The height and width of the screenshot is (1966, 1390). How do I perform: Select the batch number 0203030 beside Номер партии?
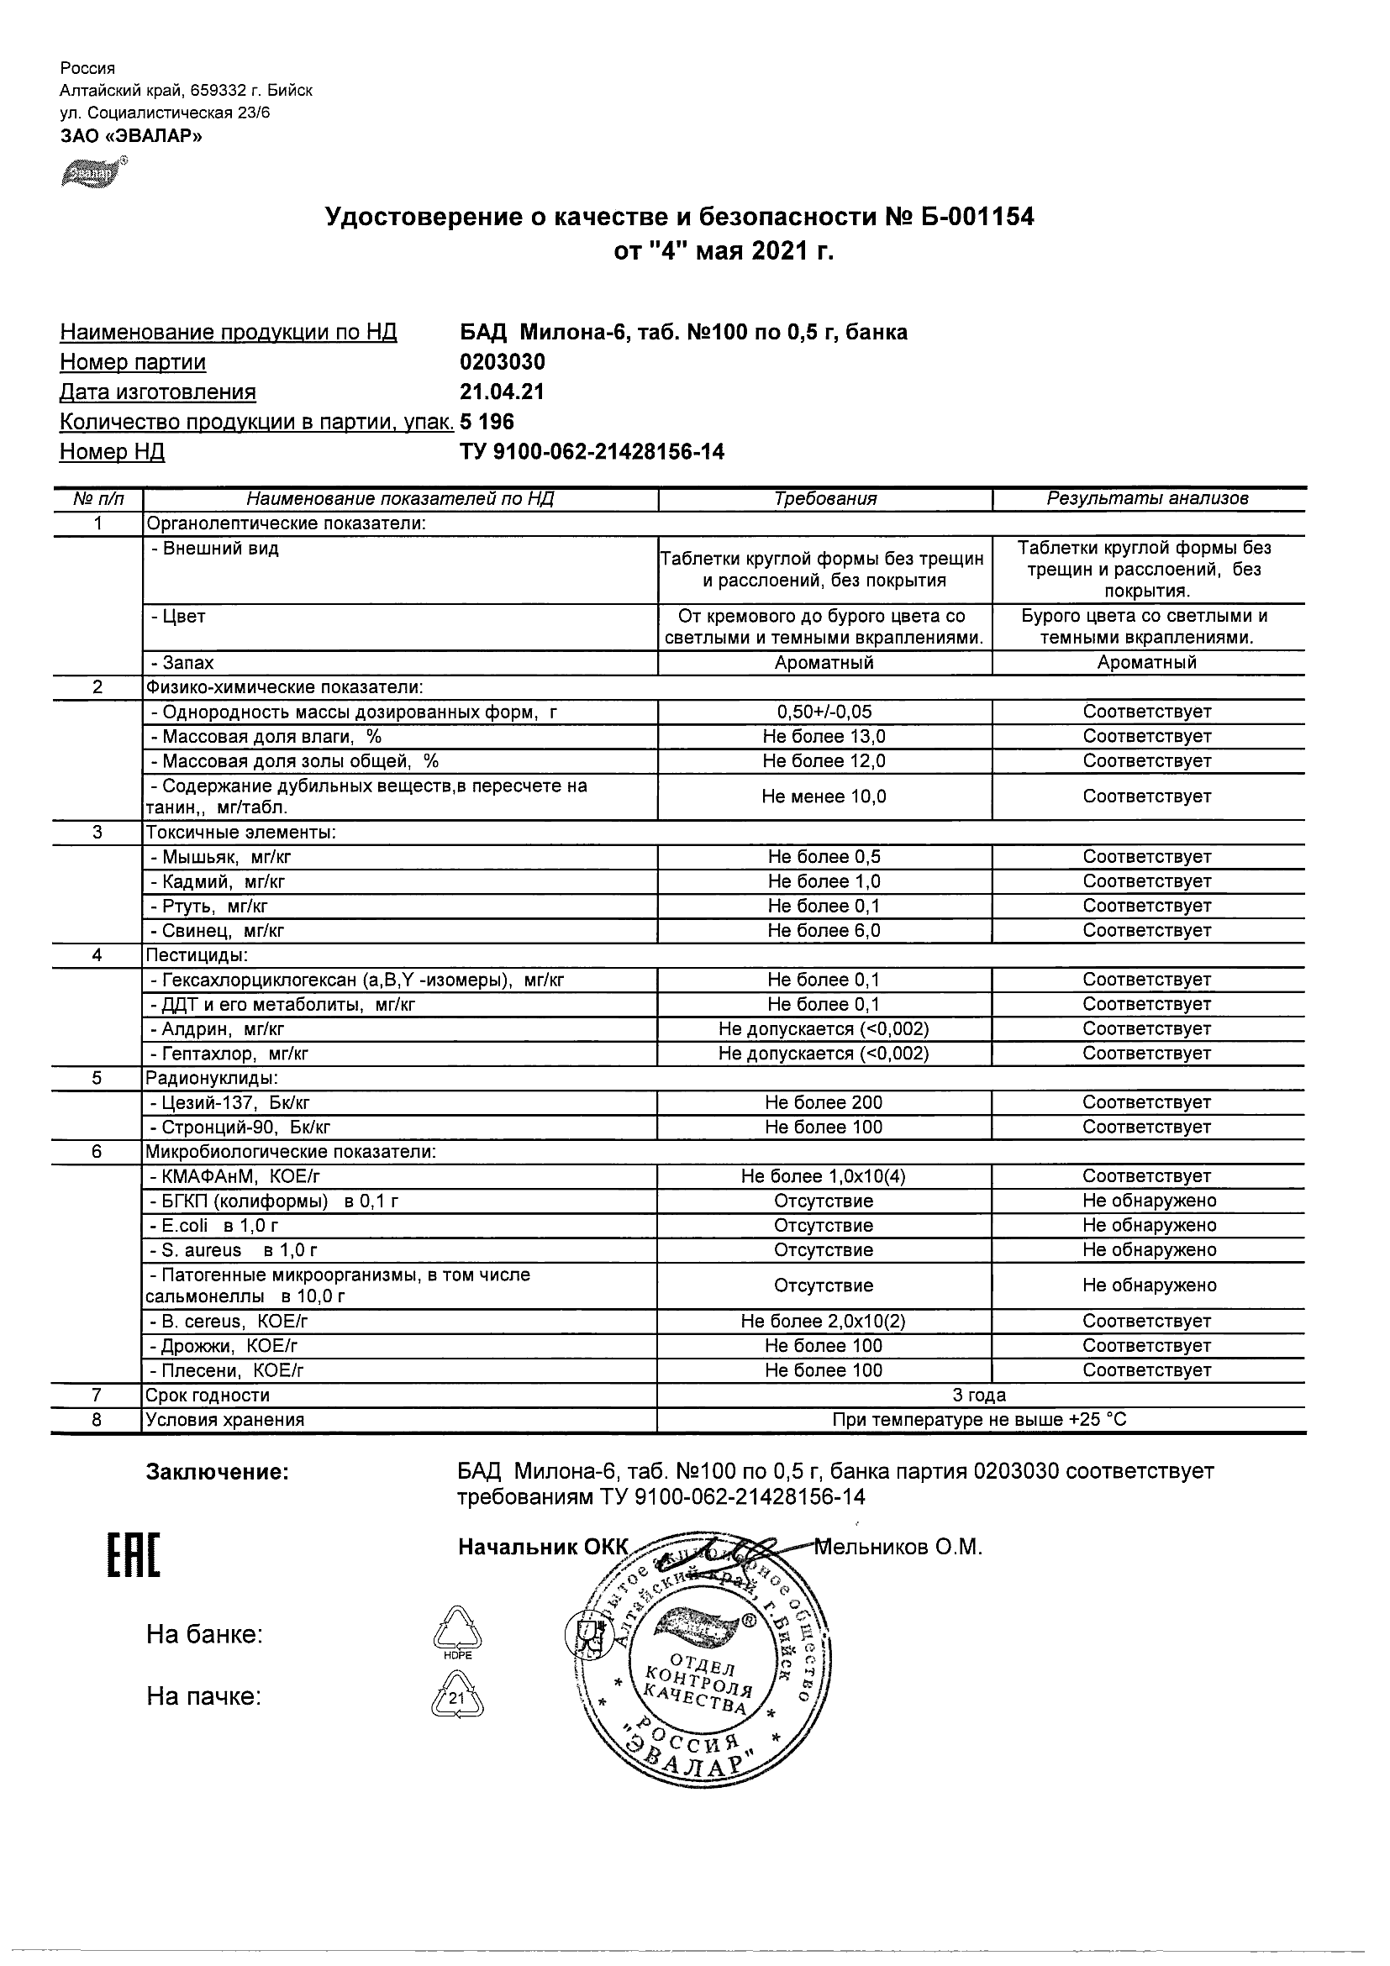[x=503, y=362]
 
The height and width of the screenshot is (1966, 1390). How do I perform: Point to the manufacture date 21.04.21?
[x=502, y=392]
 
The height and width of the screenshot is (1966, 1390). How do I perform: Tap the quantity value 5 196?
[x=487, y=422]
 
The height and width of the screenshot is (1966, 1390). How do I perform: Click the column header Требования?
[x=824, y=499]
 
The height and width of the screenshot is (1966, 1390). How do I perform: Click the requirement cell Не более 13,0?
[x=824, y=736]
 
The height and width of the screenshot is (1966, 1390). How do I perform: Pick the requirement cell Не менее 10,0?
[x=824, y=797]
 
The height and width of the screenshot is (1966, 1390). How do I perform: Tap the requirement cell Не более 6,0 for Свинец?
[x=824, y=931]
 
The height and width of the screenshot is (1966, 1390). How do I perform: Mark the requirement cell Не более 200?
[x=824, y=1103]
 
